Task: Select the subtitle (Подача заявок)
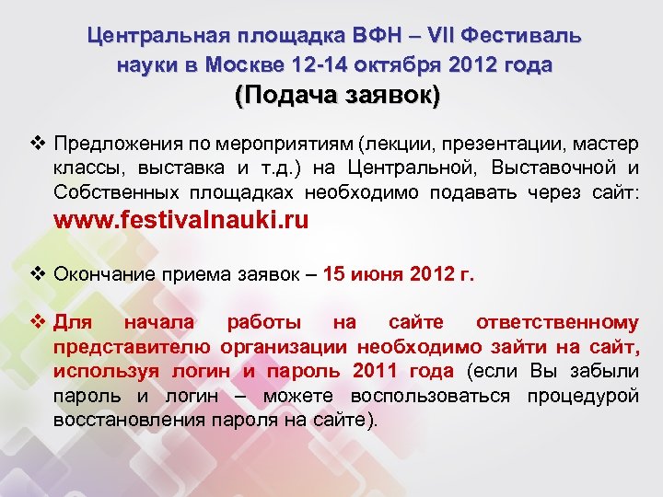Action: click(338, 96)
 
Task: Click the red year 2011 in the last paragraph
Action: click(378, 371)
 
